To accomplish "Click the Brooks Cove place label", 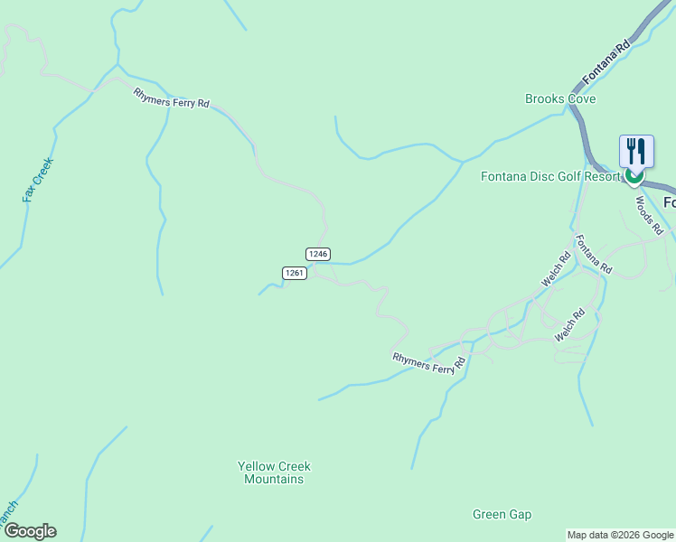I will pos(560,98).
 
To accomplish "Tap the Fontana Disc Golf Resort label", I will pos(551,176).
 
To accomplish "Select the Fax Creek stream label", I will pos(39,180).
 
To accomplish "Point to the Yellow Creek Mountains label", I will pos(274,472).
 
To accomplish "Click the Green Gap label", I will pos(502,515).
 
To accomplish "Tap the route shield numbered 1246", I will pos(317,254).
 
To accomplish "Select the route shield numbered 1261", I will pos(294,272).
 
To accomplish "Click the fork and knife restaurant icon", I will pos(636,150).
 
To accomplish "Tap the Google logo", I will pos(29,531).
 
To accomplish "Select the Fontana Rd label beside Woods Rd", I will pos(594,255).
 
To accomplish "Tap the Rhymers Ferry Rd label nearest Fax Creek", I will pos(171,98).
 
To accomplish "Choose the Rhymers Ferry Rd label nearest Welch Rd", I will pos(428,359).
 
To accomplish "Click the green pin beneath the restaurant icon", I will pos(635,176).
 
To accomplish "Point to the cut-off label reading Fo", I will pos(669,202).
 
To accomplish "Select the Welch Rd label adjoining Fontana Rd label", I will pos(556,269).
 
